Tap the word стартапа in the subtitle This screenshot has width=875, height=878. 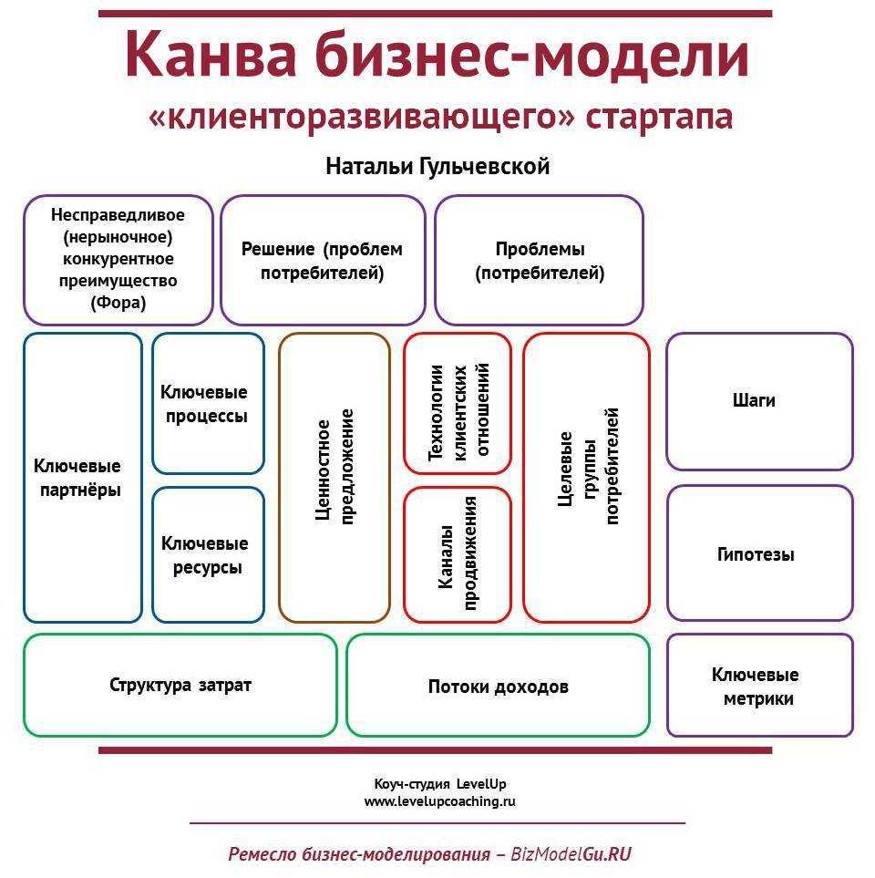click(x=659, y=117)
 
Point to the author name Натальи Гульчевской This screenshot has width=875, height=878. click(x=437, y=166)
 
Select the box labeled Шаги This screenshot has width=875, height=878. click(x=759, y=401)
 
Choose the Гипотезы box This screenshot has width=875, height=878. click(x=759, y=553)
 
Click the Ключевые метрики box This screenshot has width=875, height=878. click(x=759, y=686)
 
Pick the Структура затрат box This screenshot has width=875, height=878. click(x=180, y=686)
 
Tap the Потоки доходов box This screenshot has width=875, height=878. click(x=499, y=686)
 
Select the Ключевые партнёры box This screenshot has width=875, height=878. click(x=83, y=478)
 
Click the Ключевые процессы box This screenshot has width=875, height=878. click(x=208, y=404)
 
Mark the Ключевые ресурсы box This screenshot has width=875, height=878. click(x=208, y=555)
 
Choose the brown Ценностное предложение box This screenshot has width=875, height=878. click(x=335, y=478)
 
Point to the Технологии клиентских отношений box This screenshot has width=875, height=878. click(x=458, y=404)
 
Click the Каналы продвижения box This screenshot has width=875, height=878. click(x=458, y=555)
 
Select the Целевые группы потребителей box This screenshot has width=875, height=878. click(x=587, y=478)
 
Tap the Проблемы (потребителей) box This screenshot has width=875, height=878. click(x=539, y=261)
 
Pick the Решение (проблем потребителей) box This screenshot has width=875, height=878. click(x=323, y=261)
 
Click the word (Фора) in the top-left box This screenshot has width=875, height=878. click(x=118, y=303)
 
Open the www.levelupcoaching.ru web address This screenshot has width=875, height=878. click(x=439, y=801)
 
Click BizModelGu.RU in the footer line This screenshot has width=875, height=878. click(x=571, y=854)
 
